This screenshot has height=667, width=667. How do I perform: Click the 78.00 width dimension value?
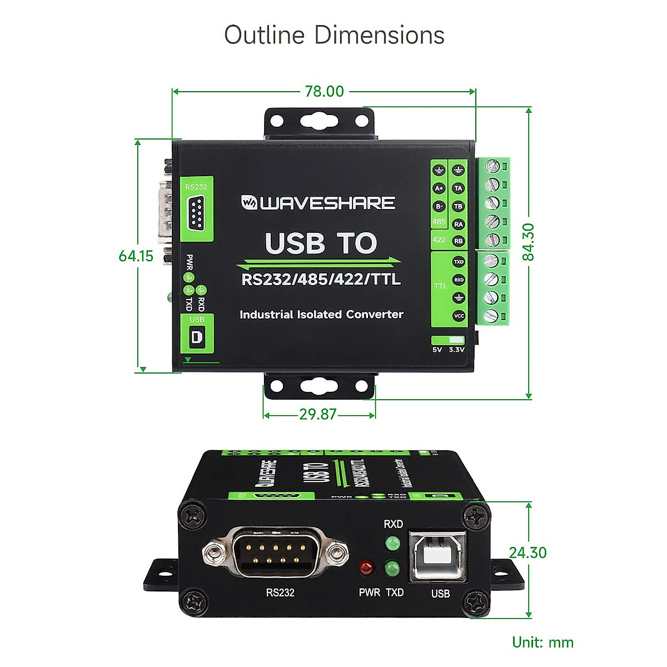[x=324, y=91]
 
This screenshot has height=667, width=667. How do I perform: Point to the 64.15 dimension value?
[x=136, y=256]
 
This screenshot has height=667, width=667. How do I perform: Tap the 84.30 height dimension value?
[x=528, y=242]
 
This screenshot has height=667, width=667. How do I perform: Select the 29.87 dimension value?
[x=318, y=414]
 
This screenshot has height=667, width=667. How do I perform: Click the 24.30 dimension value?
[x=527, y=552]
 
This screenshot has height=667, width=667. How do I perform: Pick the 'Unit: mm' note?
[x=542, y=643]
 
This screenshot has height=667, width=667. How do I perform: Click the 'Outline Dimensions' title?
[x=334, y=35]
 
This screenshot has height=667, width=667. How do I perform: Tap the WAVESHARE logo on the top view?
[x=318, y=203]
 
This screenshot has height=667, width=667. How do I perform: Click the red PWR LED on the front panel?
[x=366, y=569]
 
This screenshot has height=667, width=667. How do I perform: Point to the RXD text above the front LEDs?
[x=393, y=524]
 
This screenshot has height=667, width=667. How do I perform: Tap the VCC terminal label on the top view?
[x=459, y=316]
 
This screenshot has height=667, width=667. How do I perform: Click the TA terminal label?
[x=458, y=188]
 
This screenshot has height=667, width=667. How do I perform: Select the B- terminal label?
[x=439, y=206]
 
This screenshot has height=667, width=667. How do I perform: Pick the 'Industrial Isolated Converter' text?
[x=321, y=315]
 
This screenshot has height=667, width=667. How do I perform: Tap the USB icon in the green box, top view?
[x=197, y=337]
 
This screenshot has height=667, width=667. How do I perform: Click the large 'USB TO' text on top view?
[x=321, y=243]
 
